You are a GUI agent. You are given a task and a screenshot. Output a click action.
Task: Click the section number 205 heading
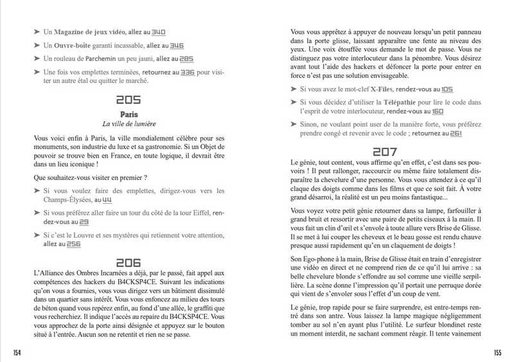tap(129, 100)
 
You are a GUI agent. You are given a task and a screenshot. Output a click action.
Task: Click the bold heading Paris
tap(129, 114)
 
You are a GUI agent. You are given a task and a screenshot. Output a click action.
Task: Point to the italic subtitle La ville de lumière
tap(129, 123)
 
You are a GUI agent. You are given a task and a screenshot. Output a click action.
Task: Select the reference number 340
tap(159, 32)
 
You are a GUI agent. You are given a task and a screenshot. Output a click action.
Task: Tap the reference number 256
tap(73, 244)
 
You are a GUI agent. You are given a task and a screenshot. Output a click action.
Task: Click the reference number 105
tap(447, 89)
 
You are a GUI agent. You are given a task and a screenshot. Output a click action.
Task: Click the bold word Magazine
tap(73, 32)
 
